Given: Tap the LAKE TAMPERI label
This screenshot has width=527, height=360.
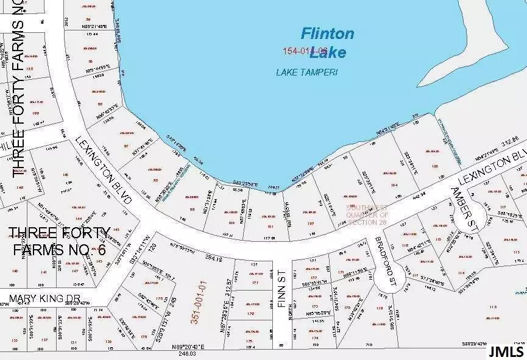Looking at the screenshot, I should (x=306, y=72).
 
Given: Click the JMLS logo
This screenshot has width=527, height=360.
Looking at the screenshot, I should (x=505, y=351).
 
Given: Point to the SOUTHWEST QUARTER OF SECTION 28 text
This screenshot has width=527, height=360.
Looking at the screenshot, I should (x=367, y=214).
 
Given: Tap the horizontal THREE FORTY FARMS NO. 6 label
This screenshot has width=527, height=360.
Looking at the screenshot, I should (x=60, y=241).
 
